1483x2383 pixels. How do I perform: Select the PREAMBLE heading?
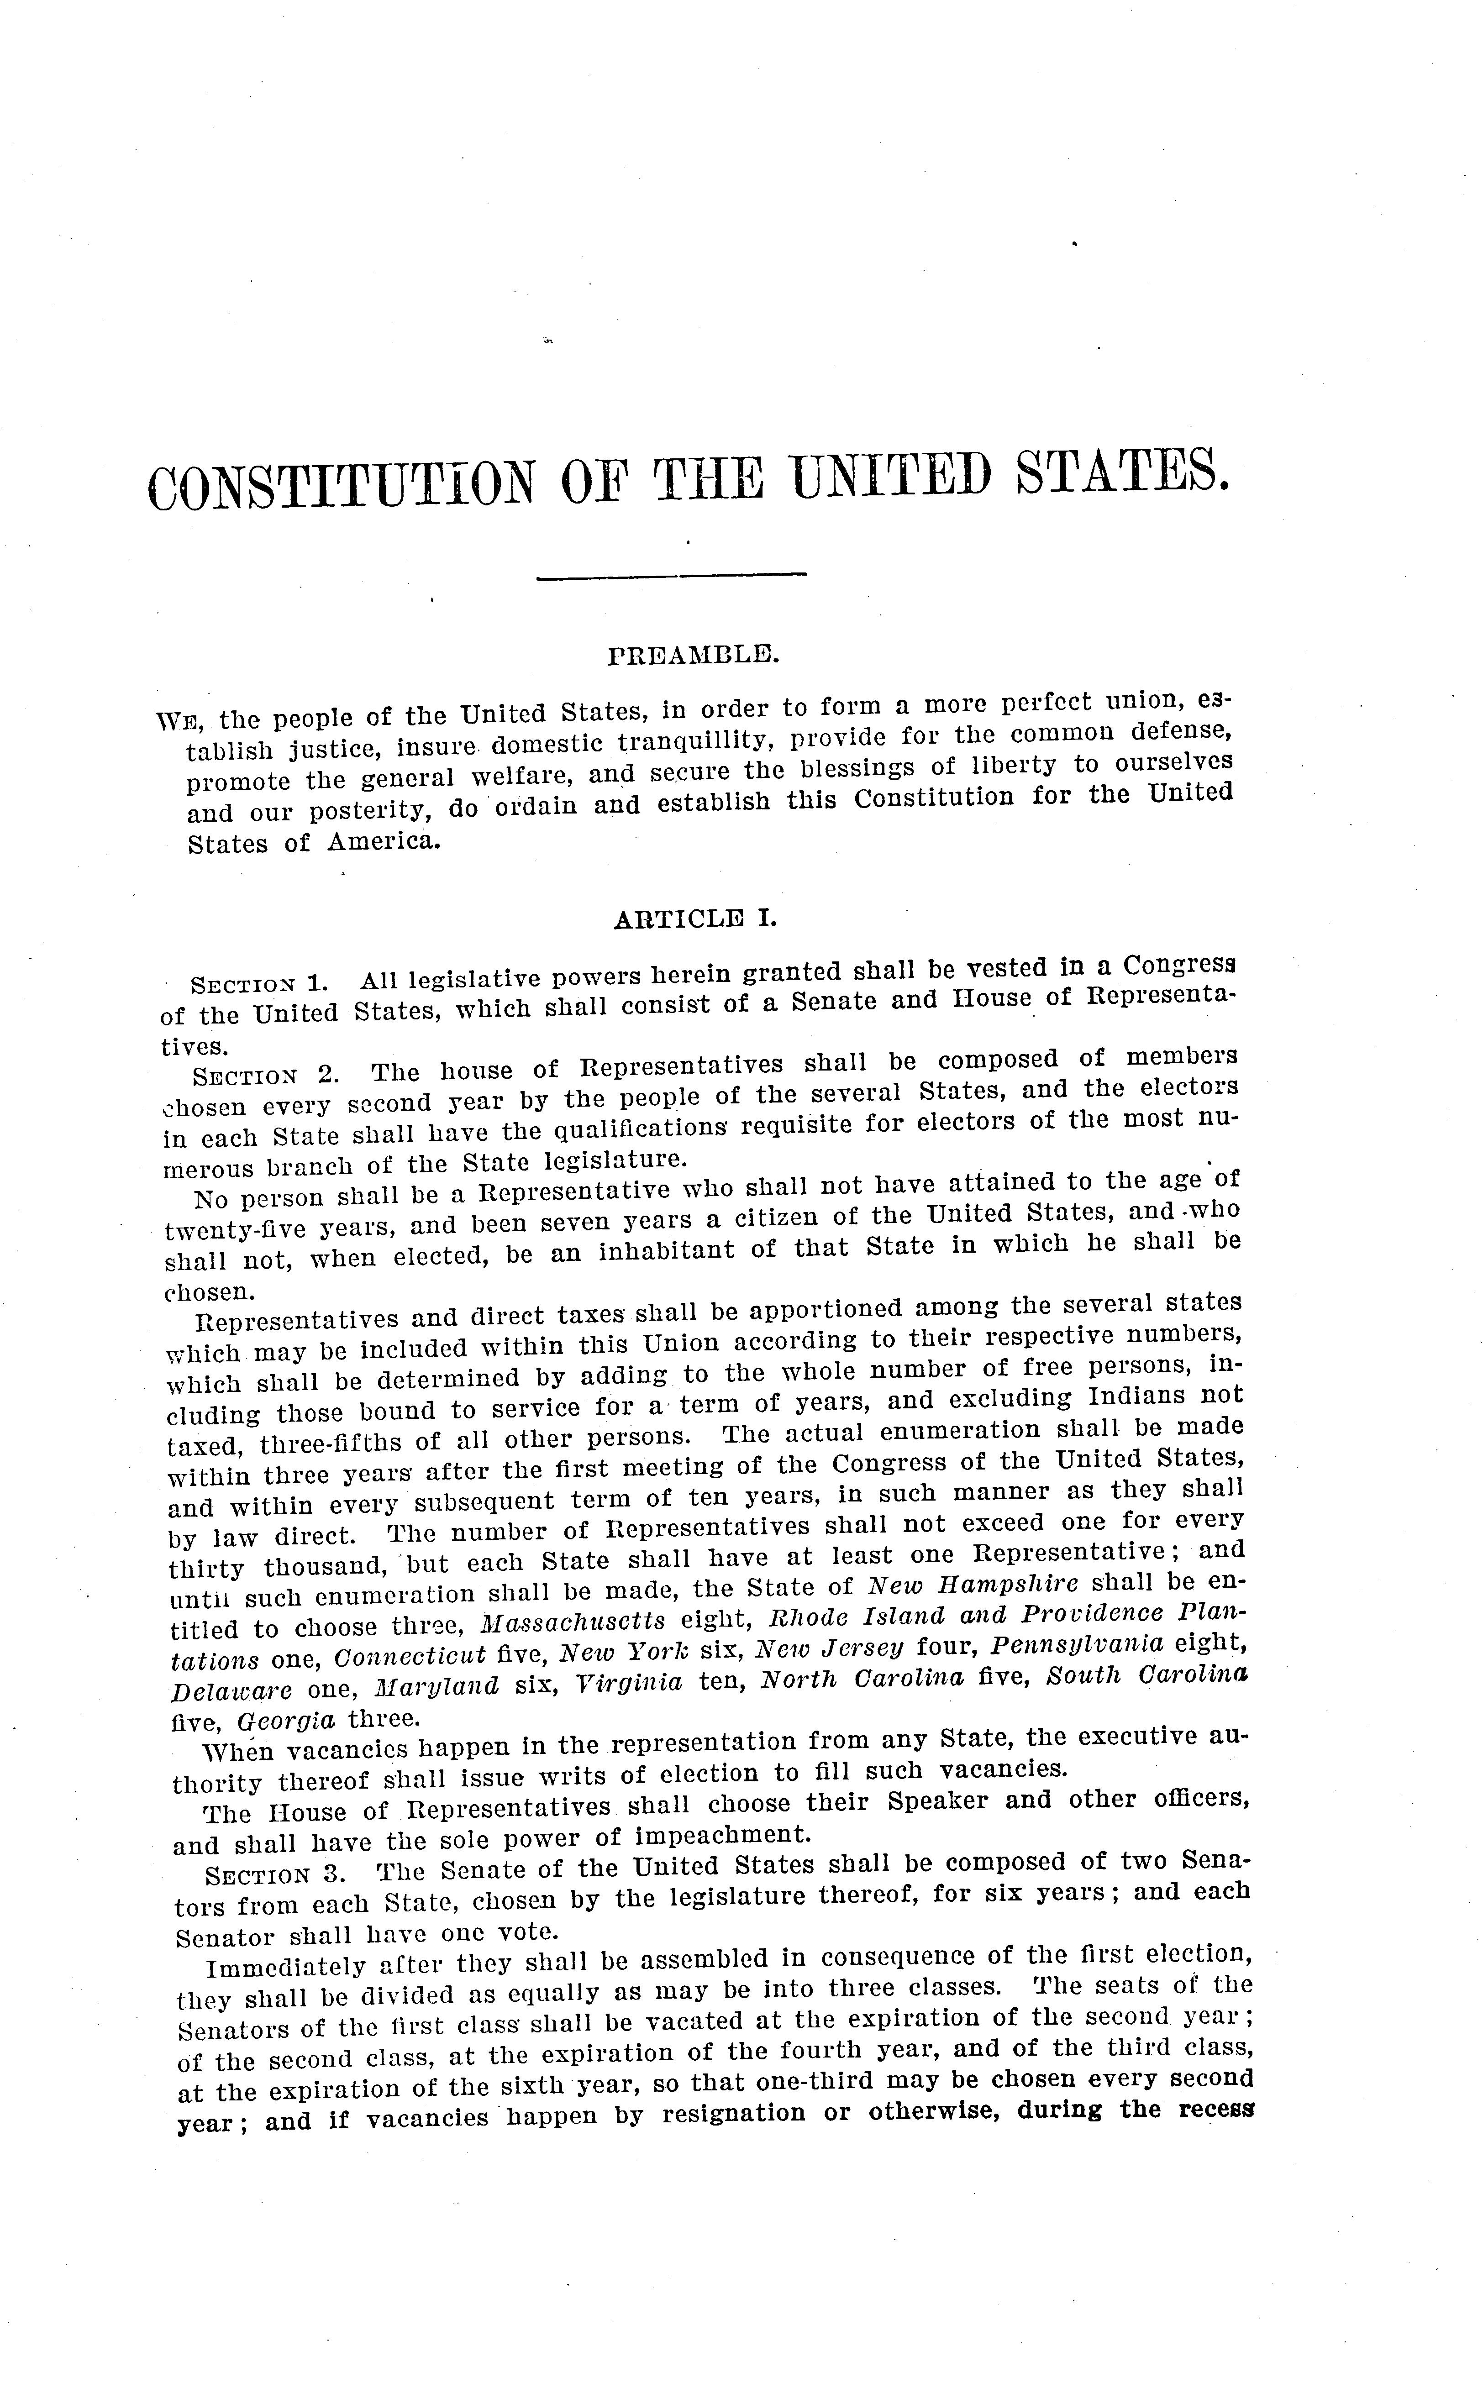(694, 654)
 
